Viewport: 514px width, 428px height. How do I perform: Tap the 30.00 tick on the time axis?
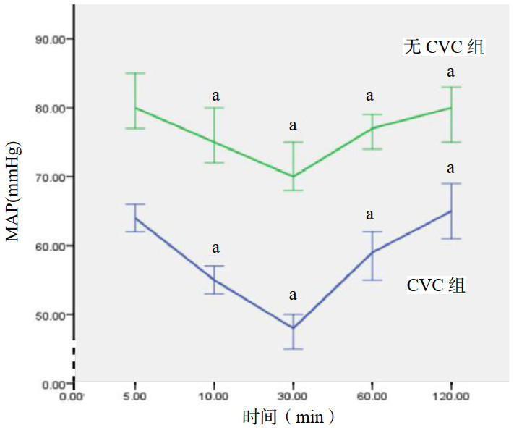(x=293, y=397)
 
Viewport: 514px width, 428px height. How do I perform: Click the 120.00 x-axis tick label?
(x=451, y=397)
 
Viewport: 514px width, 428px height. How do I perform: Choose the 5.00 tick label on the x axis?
(x=134, y=397)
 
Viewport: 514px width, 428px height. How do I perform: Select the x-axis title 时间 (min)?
(x=288, y=417)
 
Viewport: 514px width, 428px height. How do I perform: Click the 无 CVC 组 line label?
(x=443, y=48)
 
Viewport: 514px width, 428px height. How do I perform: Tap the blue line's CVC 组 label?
(x=436, y=285)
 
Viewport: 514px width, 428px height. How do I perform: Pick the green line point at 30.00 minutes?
(x=293, y=176)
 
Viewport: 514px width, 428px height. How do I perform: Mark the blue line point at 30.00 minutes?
(x=293, y=328)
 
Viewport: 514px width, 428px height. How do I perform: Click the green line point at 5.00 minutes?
(x=134, y=108)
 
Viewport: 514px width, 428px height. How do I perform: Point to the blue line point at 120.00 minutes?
(x=451, y=211)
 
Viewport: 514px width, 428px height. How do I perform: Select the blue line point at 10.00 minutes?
(x=214, y=280)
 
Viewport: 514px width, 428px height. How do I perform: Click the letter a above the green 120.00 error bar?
(x=451, y=72)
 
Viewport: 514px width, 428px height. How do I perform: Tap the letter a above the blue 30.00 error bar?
(x=293, y=295)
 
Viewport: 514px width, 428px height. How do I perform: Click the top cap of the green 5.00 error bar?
(x=134, y=73)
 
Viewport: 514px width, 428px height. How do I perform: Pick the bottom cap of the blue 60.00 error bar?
(x=372, y=280)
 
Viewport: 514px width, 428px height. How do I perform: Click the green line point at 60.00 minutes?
(x=372, y=128)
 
